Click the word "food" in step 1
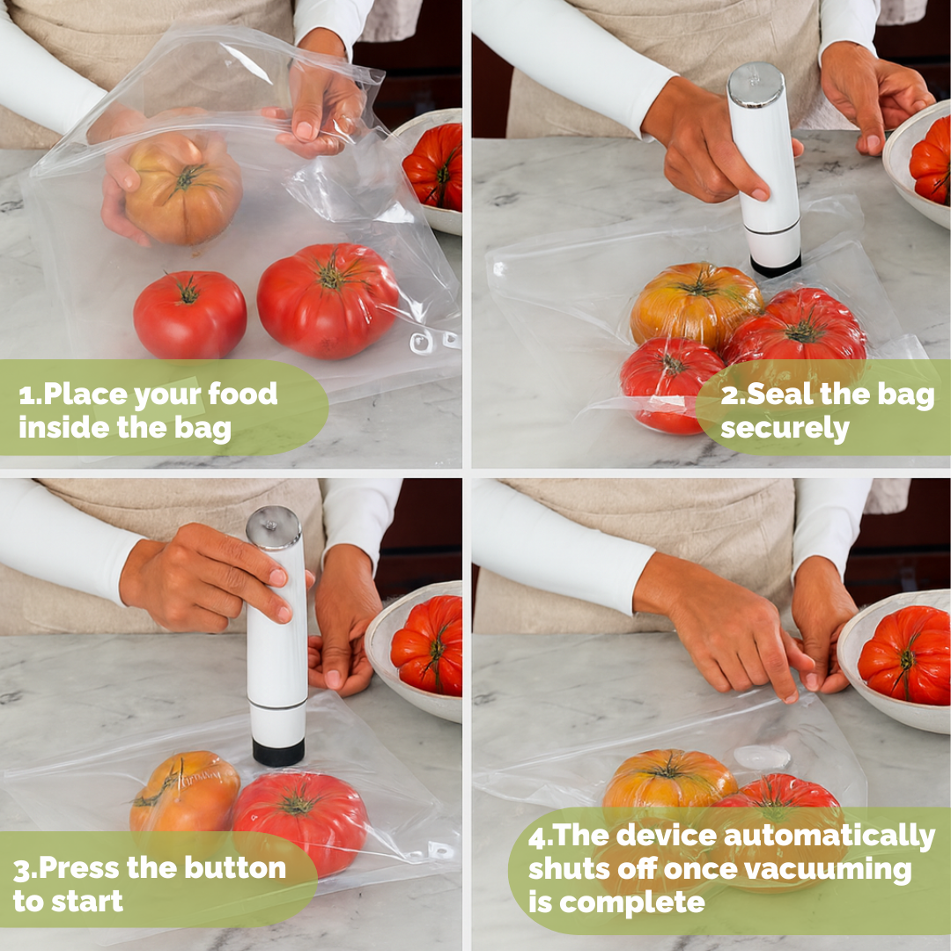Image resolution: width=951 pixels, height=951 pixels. pos(243,394)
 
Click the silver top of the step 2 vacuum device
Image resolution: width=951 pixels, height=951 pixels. pos(756,85)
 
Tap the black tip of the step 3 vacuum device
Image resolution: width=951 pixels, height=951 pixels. pos(278,752)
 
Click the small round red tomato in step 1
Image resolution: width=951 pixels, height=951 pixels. pos(190,314)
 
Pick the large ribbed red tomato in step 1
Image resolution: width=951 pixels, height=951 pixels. pos(328,300)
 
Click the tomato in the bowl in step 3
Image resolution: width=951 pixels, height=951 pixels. pos(427,645)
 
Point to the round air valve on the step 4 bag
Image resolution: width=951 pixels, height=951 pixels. pos(762,757)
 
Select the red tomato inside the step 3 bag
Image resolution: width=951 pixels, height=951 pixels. pos(300,822)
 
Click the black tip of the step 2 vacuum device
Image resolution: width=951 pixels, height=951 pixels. pos(776,266)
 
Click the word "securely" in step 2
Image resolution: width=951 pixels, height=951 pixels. pos(785,428)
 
